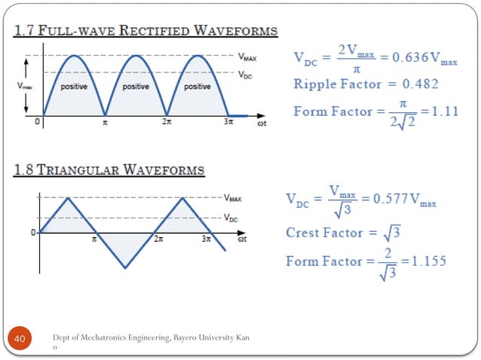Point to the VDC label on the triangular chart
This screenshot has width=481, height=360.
pos(234,217)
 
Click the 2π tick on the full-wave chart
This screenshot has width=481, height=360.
pos(166,122)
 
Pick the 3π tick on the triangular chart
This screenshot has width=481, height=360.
pos(207,239)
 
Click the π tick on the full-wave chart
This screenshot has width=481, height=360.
pos(105,122)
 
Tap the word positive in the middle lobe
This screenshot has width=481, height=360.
pos(135,87)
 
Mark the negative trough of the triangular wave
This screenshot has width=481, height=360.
pos(125,267)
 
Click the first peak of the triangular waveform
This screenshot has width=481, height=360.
pos(69,198)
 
